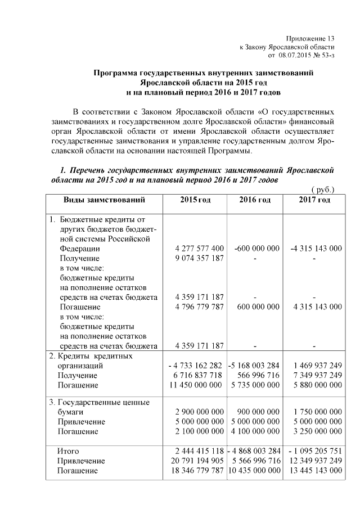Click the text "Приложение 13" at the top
pos(310,37)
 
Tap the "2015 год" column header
pos(195,200)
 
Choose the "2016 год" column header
pos(254,200)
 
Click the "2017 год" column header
pos(314,200)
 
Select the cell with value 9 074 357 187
pos(200,258)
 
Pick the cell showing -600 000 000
pos(256,248)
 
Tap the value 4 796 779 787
pos(200,307)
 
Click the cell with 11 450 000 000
pos(197,385)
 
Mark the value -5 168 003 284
pos(255,366)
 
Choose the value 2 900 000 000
pos(200,412)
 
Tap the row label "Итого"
pos(69,451)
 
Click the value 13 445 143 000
pos(314,471)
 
